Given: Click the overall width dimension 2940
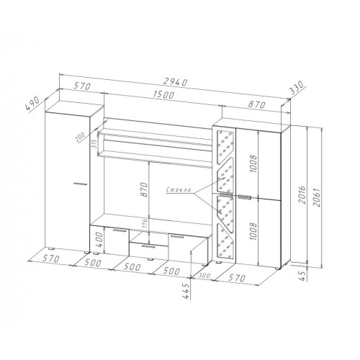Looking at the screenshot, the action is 175,82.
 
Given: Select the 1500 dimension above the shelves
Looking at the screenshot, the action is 163,95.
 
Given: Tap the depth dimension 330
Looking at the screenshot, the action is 297,88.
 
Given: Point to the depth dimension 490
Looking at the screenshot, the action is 32,104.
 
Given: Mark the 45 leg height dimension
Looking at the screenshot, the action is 303,275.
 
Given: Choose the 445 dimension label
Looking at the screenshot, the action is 186,291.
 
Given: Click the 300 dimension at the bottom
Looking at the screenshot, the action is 204,275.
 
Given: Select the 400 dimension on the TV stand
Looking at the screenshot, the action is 99,240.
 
